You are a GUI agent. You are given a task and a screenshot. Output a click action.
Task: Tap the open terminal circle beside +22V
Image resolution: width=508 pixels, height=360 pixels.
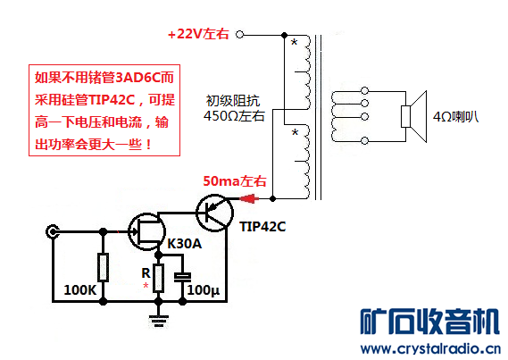coord(239,34)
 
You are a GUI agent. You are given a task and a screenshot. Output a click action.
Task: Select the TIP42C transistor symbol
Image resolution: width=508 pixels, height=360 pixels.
coord(214,213)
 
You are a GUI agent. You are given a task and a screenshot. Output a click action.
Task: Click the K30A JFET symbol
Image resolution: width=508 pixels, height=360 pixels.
coord(146,231)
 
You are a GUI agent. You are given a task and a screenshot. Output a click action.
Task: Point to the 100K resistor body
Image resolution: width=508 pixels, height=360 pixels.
coord(103,268)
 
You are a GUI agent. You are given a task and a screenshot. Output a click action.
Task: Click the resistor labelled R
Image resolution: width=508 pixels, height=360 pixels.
coord(158,278)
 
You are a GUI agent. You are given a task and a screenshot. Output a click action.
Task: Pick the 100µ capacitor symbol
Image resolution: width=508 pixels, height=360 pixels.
coord(183,277)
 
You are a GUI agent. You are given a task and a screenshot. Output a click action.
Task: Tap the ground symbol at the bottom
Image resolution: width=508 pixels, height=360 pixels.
coord(158,320)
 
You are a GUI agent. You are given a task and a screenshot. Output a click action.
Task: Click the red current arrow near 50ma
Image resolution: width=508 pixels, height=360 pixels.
coord(249,198)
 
